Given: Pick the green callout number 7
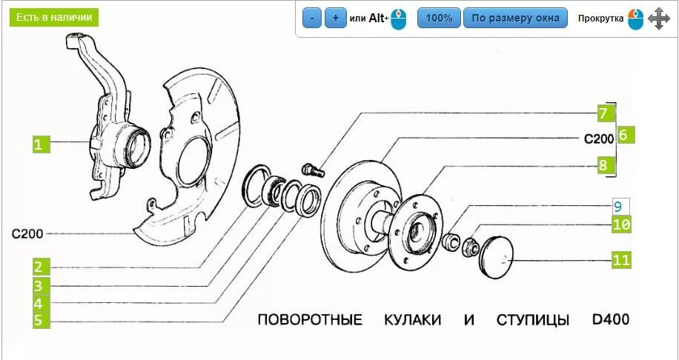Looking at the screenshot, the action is (603, 113).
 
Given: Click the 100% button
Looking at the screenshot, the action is (439, 18).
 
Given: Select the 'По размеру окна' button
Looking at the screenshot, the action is (515, 18).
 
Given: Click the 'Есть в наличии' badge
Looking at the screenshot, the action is (54, 17).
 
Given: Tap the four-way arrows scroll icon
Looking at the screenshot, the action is (659, 19).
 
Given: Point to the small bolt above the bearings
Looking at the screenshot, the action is (313, 168).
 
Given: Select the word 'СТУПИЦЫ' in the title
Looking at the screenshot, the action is (533, 320).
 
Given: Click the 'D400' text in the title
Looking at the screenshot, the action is (610, 320).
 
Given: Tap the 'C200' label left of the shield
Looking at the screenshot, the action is (27, 233).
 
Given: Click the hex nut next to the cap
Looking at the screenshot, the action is (468, 244).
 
